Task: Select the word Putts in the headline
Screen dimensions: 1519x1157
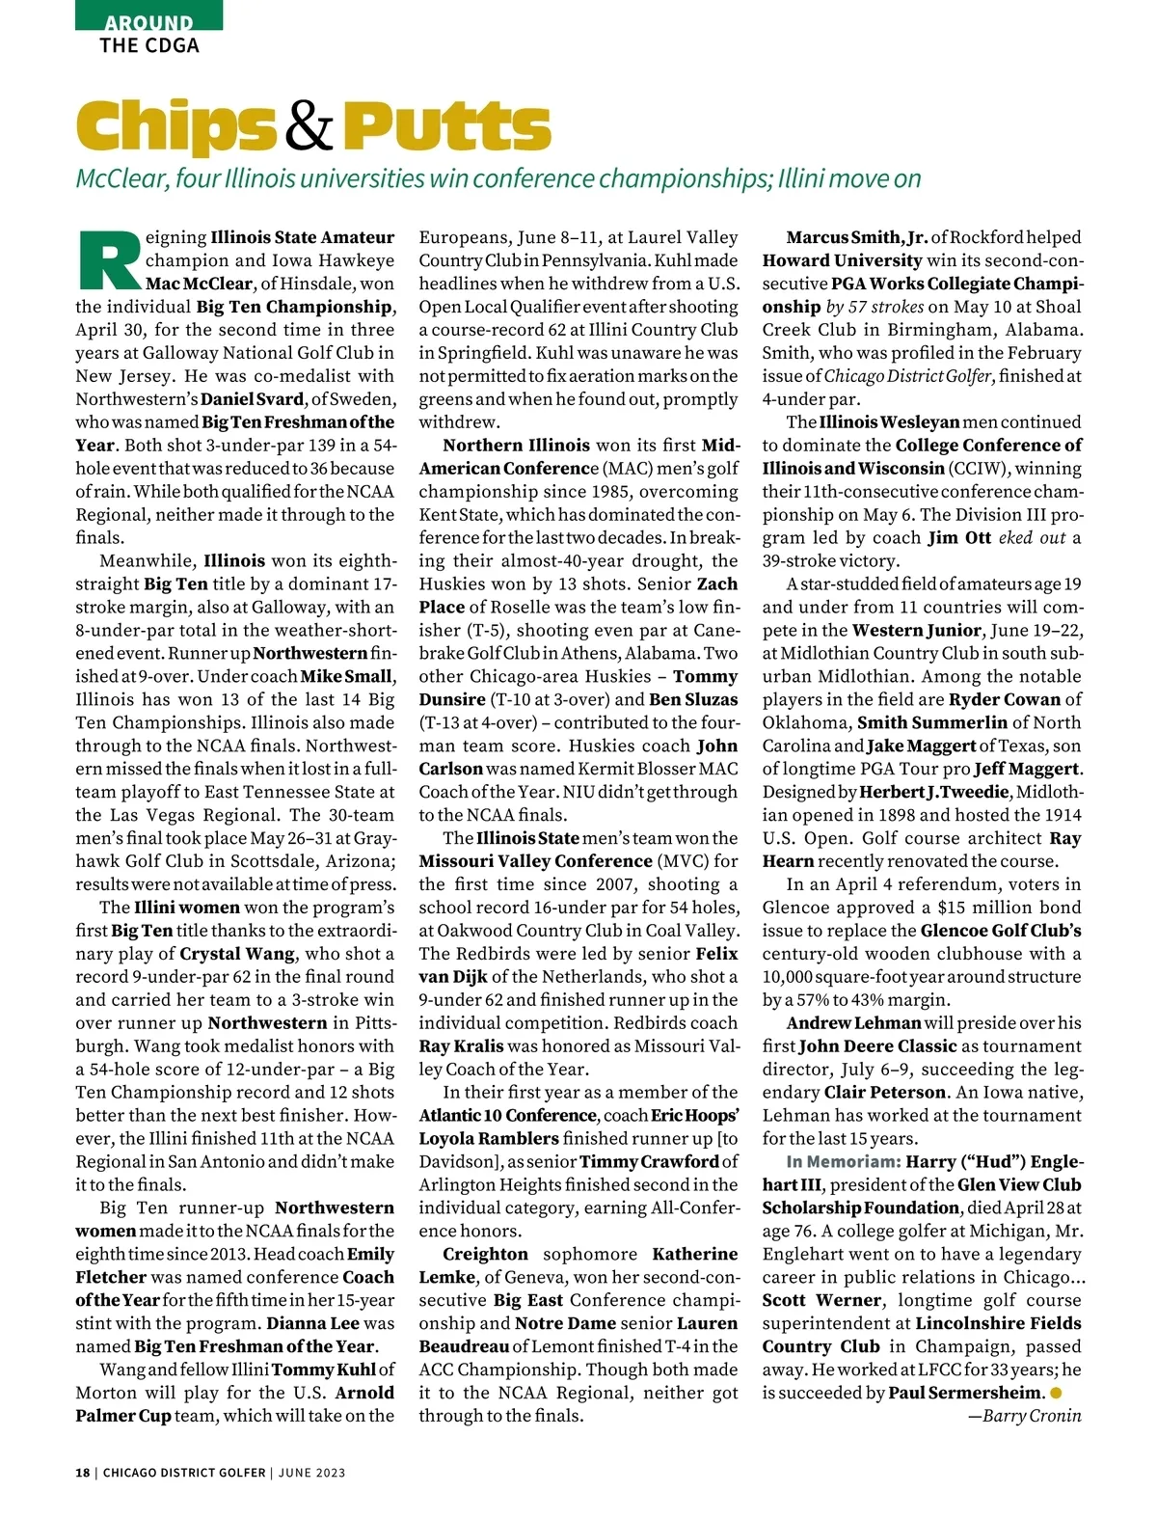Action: point(445,127)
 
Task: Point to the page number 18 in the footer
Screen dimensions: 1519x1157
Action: point(83,1473)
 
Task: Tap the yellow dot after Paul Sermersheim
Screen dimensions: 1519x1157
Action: point(1057,1393)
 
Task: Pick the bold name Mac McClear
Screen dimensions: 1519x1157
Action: point(200,284)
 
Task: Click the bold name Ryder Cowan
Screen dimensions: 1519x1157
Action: point(1005,699)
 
